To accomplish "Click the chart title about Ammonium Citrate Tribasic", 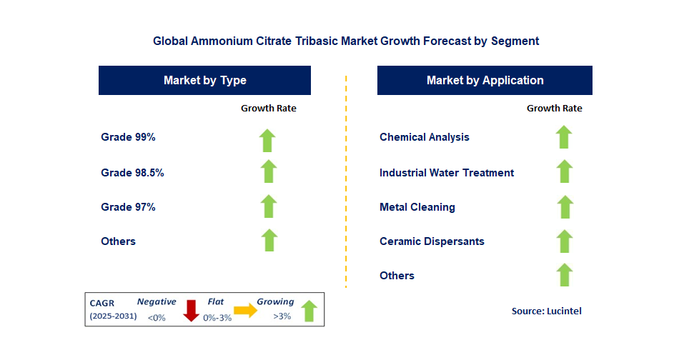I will pos(346,41).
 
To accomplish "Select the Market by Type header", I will pos(204,80).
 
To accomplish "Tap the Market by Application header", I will pos(485,80).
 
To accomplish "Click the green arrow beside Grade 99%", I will pos(268,140).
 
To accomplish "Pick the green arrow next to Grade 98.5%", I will pos(268,172).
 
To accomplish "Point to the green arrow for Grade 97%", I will pos(268,206).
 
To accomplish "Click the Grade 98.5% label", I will pos(137,172).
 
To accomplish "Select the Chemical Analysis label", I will pos(425,137).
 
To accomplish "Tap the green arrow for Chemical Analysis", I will pos(564,137).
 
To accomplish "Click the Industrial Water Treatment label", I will pos(447,172).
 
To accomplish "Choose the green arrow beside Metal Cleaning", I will pos(564,206).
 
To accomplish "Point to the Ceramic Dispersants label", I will pos(432,241).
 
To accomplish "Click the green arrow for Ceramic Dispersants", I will pos(564,241).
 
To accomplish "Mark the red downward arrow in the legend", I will pos(191,311).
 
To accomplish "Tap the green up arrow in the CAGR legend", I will pos(309,311).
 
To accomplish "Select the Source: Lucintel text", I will pos(547,311).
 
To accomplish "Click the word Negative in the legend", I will pos(157,302).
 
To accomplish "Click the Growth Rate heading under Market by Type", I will pos(268,109).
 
